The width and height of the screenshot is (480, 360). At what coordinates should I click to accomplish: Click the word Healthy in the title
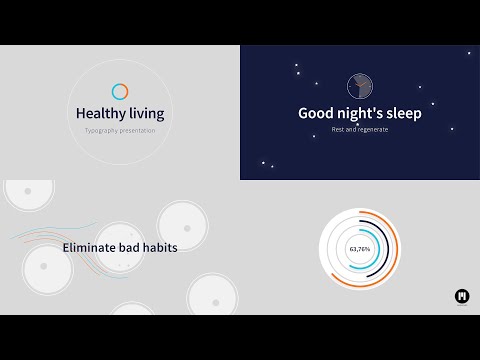99,114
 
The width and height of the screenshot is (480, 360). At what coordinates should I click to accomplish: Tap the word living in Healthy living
144,114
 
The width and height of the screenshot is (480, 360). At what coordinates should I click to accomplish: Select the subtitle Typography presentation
120,131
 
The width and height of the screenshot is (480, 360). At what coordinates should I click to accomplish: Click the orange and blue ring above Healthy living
120,92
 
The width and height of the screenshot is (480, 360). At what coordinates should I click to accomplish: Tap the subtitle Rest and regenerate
360,130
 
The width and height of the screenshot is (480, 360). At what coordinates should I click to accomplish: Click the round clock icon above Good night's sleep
360,86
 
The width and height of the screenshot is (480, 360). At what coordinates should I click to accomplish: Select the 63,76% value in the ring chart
359,248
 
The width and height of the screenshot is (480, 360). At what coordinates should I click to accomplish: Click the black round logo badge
462,296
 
